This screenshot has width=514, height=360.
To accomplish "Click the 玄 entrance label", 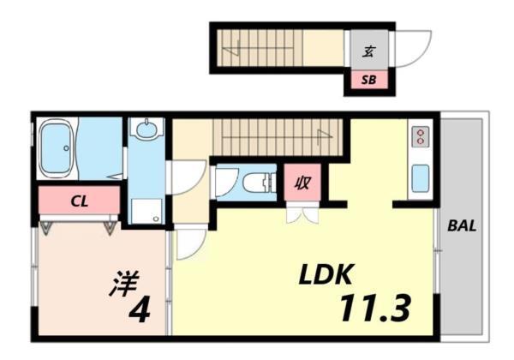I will [x=368, y=51].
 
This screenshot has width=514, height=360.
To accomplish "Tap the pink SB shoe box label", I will [x=368, y=81].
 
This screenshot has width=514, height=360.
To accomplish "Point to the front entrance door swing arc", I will [x=409, y=46].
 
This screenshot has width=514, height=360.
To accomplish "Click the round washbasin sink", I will [x=146, y=131].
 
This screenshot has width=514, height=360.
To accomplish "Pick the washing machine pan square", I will [x=146, y=211].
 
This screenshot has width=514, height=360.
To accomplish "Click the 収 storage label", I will [x=302, y=183].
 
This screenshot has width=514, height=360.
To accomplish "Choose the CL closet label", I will [x=79, y=202].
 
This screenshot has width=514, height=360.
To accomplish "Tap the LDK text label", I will [x=326, y=276].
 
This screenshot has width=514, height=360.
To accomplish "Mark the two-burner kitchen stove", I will [x=420, y=137].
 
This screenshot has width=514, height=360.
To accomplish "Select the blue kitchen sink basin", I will [x=420, y=177].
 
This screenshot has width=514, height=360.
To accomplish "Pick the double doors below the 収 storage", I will [x=302, y=215].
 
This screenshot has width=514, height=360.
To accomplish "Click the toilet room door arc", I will [x=224, y=182].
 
